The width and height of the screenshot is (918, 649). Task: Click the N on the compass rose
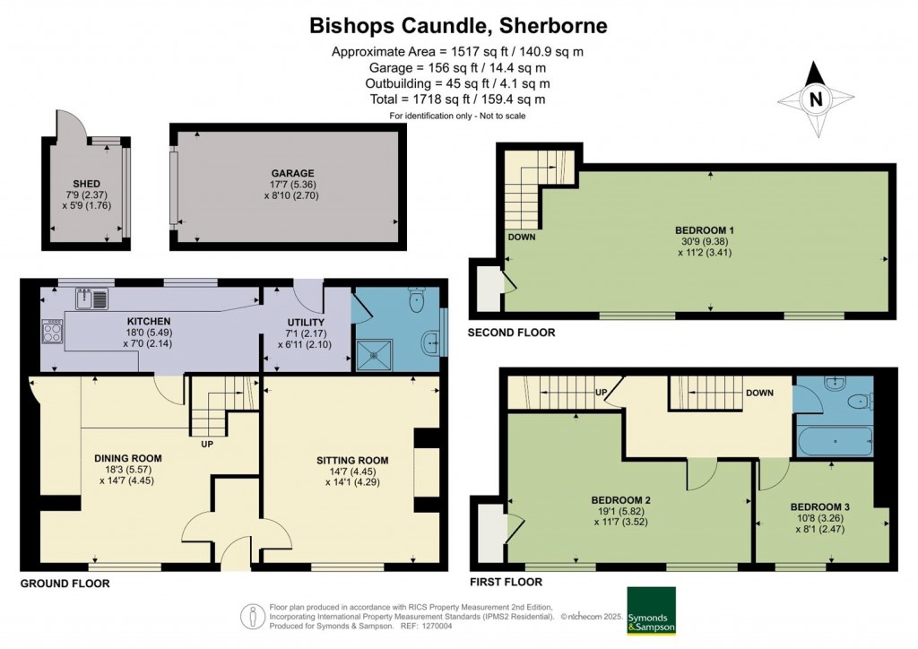(816, 100)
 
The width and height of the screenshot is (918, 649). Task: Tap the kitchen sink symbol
(91, 299)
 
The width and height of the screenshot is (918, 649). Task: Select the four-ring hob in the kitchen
(52, 332)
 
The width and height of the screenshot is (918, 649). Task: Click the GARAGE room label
(293, 173)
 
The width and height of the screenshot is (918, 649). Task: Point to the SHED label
(86, 184)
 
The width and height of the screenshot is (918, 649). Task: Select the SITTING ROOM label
(351, 461)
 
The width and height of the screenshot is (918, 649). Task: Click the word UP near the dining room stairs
(207, 445)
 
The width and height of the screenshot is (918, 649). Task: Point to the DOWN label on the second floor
(521, 237)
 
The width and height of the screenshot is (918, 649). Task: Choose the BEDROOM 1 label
(705, 230)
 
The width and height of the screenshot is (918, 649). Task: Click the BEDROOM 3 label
(819, 507)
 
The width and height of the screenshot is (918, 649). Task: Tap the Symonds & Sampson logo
(651, 610)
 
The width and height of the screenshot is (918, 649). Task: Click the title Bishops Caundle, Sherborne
(458, 25)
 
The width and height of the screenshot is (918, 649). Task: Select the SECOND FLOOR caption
(511, 333)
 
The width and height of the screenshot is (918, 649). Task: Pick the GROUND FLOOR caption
(65, 584)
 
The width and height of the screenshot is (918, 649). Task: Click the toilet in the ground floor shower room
(418, 299)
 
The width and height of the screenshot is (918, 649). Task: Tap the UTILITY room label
(306, 323)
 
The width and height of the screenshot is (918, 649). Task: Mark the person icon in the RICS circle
(253, 616)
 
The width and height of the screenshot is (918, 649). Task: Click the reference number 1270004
(437, 626)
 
